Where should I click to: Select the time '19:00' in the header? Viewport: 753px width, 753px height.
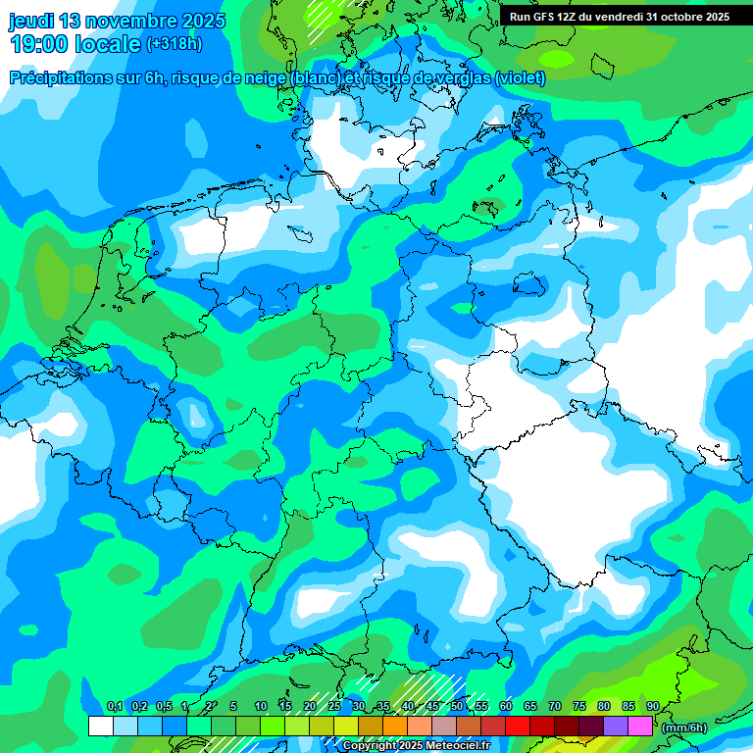point(42,44)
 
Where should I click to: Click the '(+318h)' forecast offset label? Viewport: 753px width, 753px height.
point(176,44)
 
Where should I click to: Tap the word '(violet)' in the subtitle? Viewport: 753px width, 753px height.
point(521,78)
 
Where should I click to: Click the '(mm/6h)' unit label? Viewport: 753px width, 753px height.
point(684,727)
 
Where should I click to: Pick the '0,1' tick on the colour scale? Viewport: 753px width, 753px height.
point(114,707)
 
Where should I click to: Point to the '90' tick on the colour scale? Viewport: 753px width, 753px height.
point(652,707)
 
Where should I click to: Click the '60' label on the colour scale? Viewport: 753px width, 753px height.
point(506,707)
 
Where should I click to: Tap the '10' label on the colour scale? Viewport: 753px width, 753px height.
point(261,707)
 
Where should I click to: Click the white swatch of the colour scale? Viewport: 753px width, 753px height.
point(100,726)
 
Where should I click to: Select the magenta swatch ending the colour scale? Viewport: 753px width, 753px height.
point(639,726)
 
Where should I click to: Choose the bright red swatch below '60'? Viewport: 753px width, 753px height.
point(517,726)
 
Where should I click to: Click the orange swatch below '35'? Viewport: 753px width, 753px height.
point(394,726)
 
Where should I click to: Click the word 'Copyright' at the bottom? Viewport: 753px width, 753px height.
point(369,746)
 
